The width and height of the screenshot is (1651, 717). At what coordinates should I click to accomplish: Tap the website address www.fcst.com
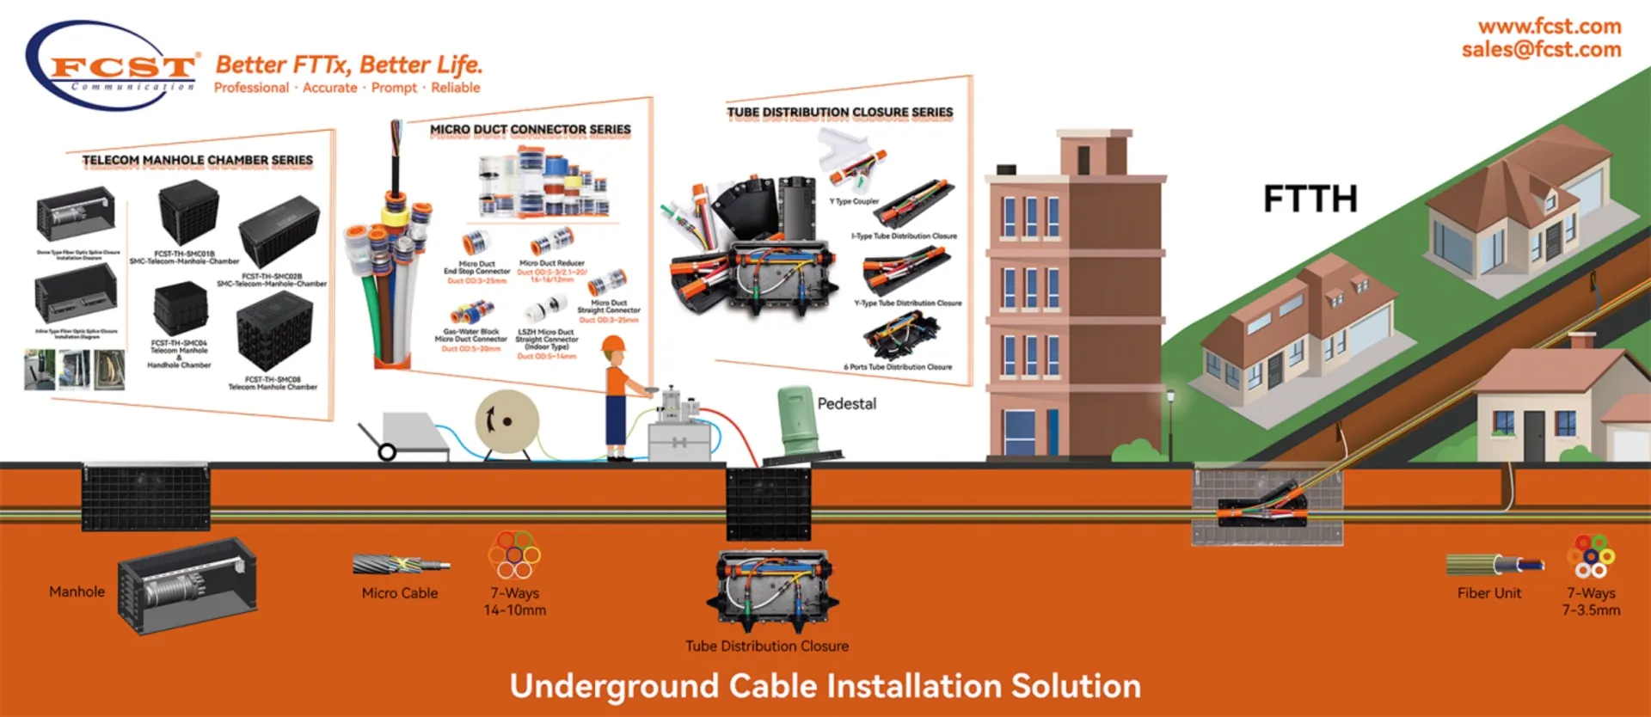pyautogui.click(x=1550, y=27)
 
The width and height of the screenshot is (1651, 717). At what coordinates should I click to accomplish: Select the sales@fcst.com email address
pyautogui.click(x=1541, y=50)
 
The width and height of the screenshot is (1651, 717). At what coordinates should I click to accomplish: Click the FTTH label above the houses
pyautogui.click(x=1310, y=199)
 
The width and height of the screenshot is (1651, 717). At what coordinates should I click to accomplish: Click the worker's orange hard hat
pyautogui.click(x=613, y=345)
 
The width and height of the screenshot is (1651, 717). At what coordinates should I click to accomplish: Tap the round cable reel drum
pyautogui.click(x=506, y=421)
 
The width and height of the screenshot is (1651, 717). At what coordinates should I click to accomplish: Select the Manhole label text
pyautogui.click(x=77, y=591)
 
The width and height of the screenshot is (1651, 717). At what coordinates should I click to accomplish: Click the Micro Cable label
pyautogui.click(x=399, y=593)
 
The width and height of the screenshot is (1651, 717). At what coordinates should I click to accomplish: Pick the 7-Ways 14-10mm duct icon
pyautogui.click(x=514, y=555)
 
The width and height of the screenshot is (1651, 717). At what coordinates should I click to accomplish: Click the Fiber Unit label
pyautogui.click(x=1488, y=593)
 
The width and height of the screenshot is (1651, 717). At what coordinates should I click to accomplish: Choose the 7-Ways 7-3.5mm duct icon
pyautogui.click(x=1591, y=556)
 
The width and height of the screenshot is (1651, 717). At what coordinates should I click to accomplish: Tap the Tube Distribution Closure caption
pyautogui.click(x=766, y=647)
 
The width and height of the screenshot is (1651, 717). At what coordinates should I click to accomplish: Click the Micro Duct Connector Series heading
pyautogui.click(x=530, y=130)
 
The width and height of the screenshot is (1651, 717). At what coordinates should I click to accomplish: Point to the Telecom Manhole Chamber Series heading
pyautogui.click(x=197, y=161)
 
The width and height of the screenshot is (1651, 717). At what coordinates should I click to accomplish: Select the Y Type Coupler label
pyautogui.click(x=854, y=201)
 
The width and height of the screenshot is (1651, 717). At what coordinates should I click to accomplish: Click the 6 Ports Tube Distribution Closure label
pyautogui.click(x=898, y=367)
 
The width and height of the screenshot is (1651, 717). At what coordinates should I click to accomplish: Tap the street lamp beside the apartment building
pyautogui.click(x=1169, y=399)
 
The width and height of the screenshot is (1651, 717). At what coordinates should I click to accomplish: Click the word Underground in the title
pyautogui.click(x=613, y=686)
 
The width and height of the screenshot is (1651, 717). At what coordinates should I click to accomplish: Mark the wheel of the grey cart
pyautogui.click(x=387, y=451)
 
